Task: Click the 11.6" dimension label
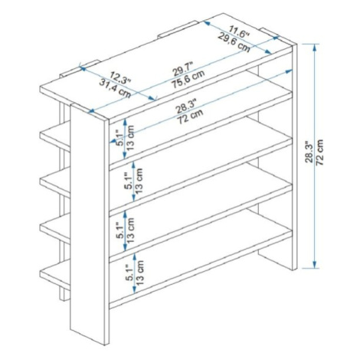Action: pyautogui.click(x=239, y=31)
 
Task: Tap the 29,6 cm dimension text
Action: pyautogui.click(x=234, y=42)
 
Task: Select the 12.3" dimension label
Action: pyautogui.click(x=120, y=78)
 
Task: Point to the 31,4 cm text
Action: pyautogui.click(x=115, y=88)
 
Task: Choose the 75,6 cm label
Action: pyautogui.click(x=188, y=80)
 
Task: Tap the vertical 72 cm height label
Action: pyautogui.click(x=319, y=152)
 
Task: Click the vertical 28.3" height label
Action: pyautogui.click(x=309, y=152)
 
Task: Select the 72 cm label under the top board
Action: pyautogui.click(x=190, y=116)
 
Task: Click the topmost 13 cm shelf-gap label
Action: pyautogui.click(x=130, y=138)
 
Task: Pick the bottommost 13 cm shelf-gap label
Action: pyautogui.click(x=140, y=273)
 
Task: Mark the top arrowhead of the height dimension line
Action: pyautogui.click(x=314, y=47)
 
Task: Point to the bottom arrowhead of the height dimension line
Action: pyautogui.click(x=314, y=265)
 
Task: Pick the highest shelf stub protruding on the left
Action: pyautogui.click(x=55, y=136)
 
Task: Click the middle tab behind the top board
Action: pyautogui.click(x=178, y=29)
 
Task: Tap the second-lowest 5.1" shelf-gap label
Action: pyautogui.click(x=120, y=231)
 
